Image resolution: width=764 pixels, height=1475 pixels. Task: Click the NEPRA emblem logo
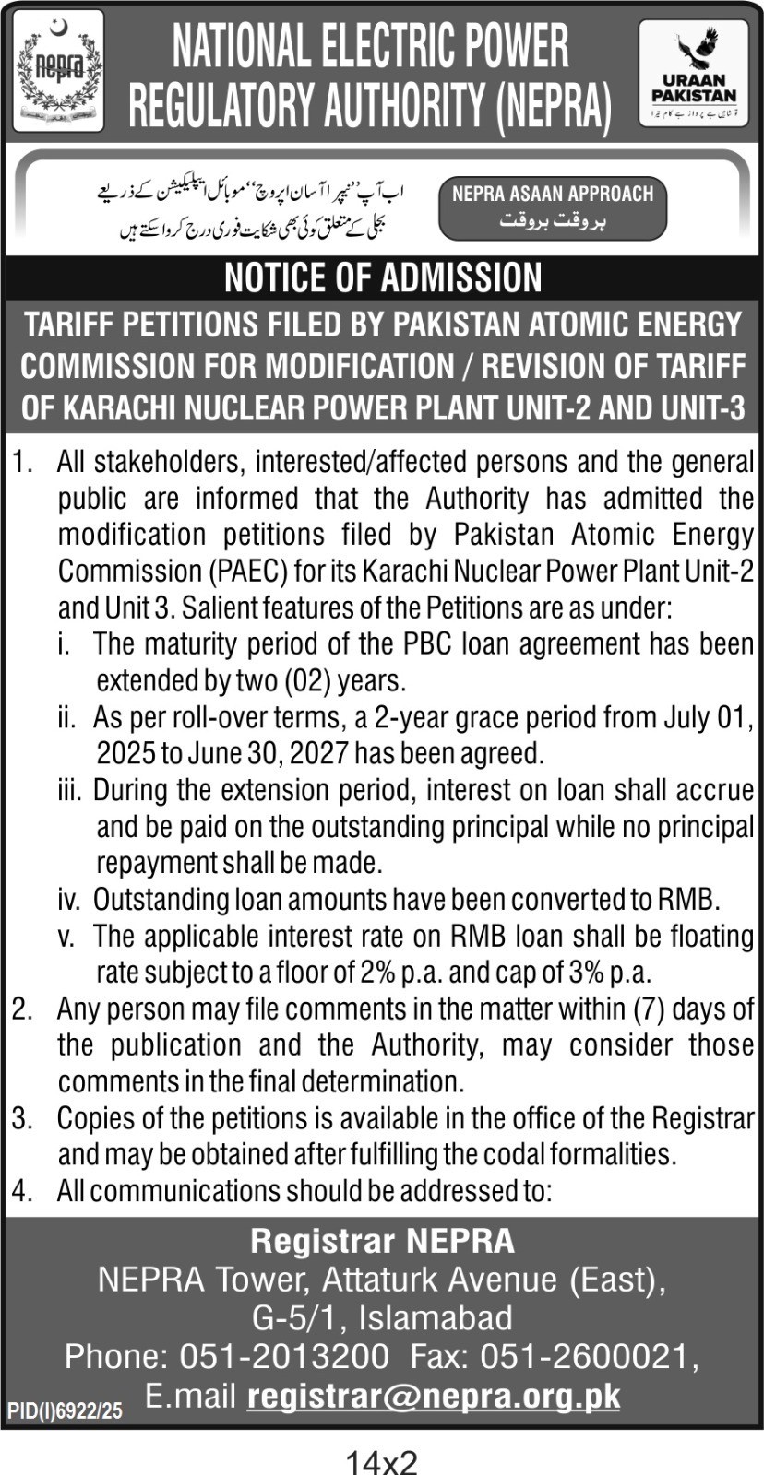58,72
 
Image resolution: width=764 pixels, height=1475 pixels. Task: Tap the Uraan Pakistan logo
693,73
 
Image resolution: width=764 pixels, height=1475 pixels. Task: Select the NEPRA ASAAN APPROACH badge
552,207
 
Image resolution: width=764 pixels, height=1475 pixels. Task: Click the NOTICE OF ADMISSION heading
383,277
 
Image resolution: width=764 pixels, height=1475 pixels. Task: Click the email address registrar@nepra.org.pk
434,1396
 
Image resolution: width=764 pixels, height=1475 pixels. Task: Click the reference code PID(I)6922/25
65,1410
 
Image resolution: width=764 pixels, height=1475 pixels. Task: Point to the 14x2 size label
382,1460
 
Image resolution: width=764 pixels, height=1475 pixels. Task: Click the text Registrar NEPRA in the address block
382,1241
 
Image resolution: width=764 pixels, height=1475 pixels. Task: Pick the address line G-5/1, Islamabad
382,1317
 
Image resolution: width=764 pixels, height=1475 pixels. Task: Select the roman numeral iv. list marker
69,899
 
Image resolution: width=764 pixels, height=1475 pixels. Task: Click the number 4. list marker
22,1190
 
